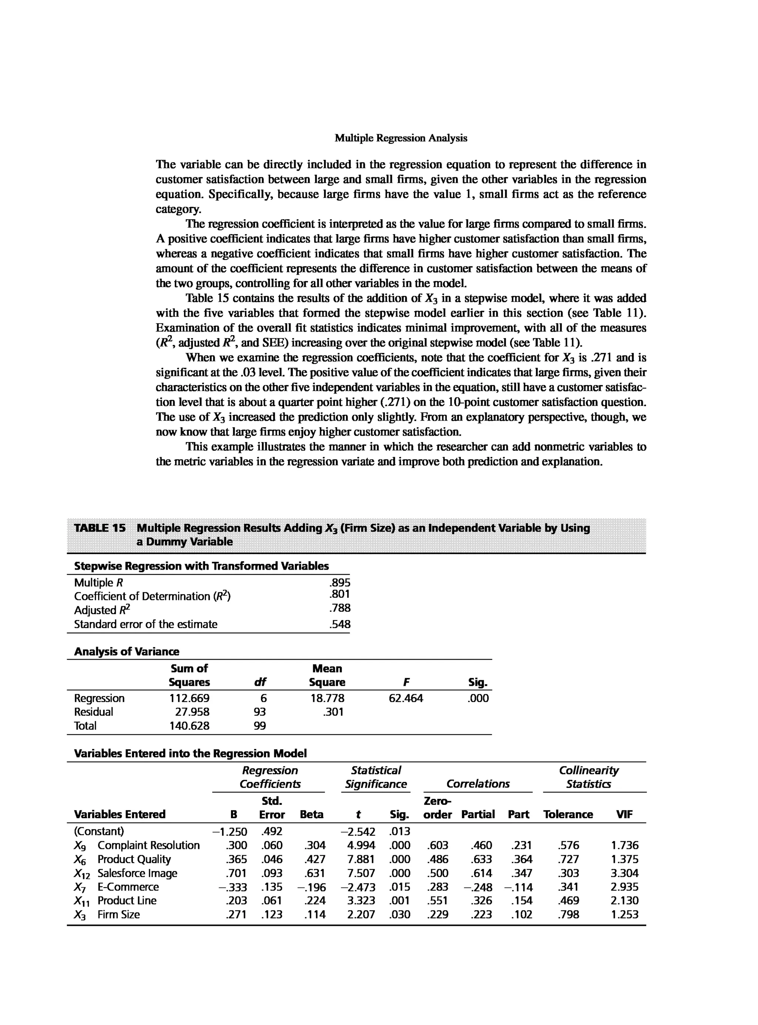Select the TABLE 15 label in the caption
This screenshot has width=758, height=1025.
(x=100, y=528)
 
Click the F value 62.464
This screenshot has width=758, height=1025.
(x=406, y=698)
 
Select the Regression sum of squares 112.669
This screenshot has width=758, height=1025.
(x=189, y=698)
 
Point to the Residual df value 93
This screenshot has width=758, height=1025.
(x=260, y=712)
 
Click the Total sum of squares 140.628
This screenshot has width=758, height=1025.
(x=189, y=726)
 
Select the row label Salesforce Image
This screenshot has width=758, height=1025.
(x=137, y=873)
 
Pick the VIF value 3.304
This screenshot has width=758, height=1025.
(x=624, y=873)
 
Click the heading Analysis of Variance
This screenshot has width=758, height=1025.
(x=127, y=652)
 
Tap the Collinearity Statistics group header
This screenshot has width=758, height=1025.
(x=589, y=777)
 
